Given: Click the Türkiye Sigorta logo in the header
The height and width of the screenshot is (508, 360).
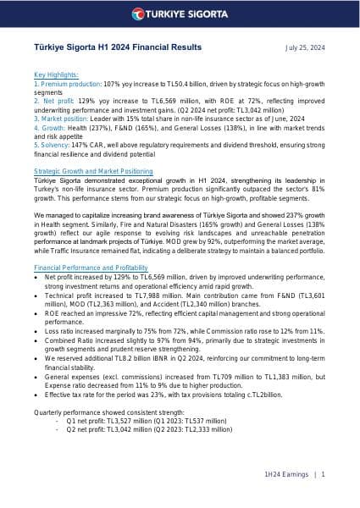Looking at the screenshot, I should point(180,15).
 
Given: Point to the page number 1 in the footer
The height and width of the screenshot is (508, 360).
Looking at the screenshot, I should point(324,475).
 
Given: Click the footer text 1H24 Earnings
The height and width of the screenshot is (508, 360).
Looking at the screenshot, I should point(288,475).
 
